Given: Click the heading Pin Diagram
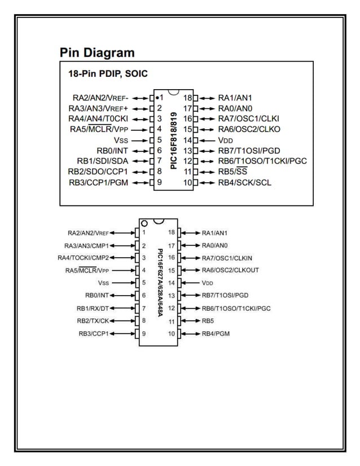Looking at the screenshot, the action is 97,53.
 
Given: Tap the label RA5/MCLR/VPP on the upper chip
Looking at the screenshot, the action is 99,129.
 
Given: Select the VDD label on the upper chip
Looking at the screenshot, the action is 226,140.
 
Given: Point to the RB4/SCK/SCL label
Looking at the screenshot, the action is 244,182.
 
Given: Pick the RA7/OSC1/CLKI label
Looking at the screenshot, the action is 248,118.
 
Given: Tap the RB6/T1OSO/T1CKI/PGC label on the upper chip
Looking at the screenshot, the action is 262,161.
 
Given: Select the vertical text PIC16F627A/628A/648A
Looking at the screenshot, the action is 160,282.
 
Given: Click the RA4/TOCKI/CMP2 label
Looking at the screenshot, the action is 83,258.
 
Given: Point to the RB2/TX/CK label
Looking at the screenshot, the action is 93,320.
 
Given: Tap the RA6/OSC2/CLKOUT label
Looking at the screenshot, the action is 230,270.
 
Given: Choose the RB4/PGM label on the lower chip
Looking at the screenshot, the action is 216,333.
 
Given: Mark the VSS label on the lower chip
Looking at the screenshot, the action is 103,283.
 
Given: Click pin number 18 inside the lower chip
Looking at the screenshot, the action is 172,232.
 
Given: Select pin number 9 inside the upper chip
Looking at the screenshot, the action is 160,182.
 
